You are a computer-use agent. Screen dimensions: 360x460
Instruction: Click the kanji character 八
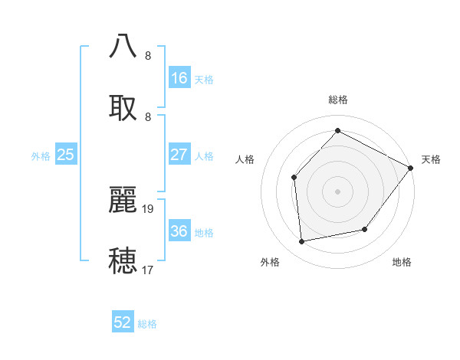(x=123, y=46)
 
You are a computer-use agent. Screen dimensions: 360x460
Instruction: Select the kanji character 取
(x=123, y=107)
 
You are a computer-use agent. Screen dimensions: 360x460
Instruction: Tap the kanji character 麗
(x=123, y=198)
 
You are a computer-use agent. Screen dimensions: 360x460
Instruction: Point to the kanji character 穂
(x=123, y=260)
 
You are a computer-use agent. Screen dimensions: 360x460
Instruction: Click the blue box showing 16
(x=179, y=78)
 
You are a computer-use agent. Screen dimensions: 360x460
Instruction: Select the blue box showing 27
(x=179, y=155)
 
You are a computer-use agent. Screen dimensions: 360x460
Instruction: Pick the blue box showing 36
(x=179, y=231)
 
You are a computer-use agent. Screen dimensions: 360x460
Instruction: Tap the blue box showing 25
(x=66, y=155)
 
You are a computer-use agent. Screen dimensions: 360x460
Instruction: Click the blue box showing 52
(x=123, y=322)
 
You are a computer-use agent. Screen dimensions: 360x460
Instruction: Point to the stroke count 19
(x=149, y=208)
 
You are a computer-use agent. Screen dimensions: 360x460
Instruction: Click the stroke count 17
(x=148, y=270)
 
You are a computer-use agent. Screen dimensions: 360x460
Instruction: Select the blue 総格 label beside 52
(x=147, y=324)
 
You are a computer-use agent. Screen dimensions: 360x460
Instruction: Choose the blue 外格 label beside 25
(x=41, y=156)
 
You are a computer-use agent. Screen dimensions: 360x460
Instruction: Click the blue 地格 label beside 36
(x=204, y=233)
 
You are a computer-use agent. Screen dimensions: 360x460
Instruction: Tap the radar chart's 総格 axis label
(x=338, y=100)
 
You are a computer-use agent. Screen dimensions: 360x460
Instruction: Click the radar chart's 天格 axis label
(x=431, y=159)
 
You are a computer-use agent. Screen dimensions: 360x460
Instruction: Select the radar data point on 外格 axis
(x=302, y=242)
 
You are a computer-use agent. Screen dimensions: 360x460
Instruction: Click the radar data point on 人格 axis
(x=294, y=177)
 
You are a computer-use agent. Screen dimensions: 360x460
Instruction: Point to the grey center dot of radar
(x=338, y=191)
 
